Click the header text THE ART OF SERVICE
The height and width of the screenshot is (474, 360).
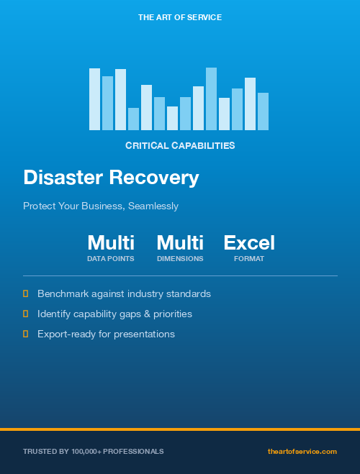(x=180, y=17)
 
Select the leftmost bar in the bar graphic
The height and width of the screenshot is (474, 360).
(x=94, y=99)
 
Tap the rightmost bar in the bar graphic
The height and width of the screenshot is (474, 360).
(x=263, y=111)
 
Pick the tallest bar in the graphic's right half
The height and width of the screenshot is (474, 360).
(x=211, y=99)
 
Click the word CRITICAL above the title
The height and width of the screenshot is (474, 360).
(x=147, y=145)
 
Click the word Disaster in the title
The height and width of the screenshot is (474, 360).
(x=63, y=178)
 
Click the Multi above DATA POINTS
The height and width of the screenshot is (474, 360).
(x=111, y=242)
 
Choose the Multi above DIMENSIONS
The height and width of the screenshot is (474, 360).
(x=180, y=242)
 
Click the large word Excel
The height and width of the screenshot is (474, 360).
(x=249, y=242)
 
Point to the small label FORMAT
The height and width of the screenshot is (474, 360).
(x=249, y=258)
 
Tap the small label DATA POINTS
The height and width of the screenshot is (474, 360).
(x=111, y=258)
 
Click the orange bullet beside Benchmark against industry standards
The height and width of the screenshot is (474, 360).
(x=26, y=293)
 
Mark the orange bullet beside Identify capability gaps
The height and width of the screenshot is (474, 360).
(x=26, y=314)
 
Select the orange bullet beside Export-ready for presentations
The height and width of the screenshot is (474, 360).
(x=26, y=334)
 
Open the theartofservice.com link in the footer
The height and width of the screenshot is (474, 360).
(x=302, y=451)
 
